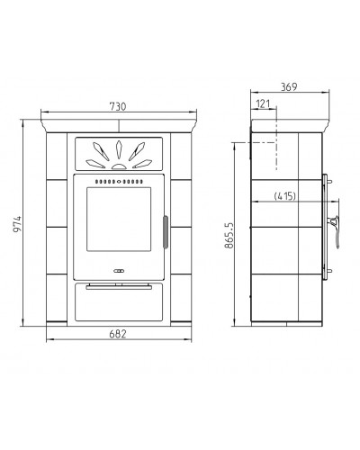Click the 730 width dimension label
[x=118, y=106]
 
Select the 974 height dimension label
[x=17, y=224]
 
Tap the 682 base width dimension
[x=118, y=334]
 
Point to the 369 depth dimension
[x=289, y=86]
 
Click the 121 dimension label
[x=263, y=103]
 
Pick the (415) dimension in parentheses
[x=285, y=196]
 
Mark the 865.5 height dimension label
[x=229, y=236]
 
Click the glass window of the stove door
[x=119, y=219]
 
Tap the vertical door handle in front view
[x=166, y=232]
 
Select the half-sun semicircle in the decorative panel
[x=119, y=166]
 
